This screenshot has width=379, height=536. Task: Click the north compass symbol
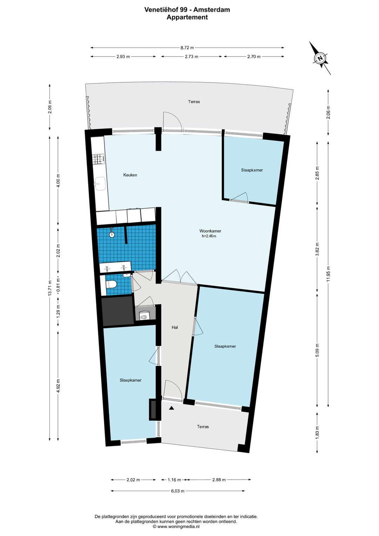click(320, 58)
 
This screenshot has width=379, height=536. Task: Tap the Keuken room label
click(130, 175)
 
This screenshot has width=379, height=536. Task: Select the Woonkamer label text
click(210, 231)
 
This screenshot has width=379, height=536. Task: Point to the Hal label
click(175, 327)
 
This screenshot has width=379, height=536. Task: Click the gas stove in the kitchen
click(99, 159)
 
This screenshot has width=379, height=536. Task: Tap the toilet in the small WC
click(111, 285)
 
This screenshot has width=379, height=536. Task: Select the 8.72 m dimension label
click(187, 48)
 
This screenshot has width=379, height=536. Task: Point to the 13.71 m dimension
click(50, 288)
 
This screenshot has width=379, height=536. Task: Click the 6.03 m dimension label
click(178, 491)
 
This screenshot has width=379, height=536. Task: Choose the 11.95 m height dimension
click(328, 274)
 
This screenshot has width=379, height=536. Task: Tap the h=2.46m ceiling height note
click(209, 236)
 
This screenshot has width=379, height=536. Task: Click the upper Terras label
click(194, 102)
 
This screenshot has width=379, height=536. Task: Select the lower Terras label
click(203, 427)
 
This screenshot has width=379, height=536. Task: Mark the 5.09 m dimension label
click(317, 350)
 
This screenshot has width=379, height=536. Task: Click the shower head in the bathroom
click(112, 233)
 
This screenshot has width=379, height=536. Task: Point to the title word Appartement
click(187, 17)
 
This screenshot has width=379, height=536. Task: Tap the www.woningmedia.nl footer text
click(178, 527)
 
